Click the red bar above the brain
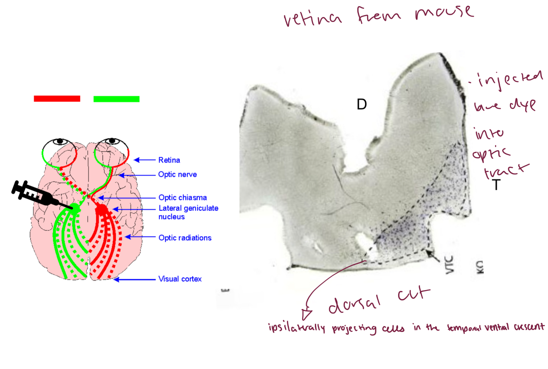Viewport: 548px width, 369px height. [x=57, y=99]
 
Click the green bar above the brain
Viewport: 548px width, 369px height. [x=116, y=99]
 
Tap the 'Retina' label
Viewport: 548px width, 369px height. [x=169, y=160]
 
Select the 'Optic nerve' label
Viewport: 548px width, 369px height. [x=177, y=174]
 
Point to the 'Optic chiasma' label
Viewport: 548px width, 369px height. [x=182, y=197]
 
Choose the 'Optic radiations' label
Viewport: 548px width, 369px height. [x=185, y=238]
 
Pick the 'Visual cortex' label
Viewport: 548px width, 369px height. [x=180, y=279]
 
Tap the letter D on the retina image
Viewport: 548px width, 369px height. [x=362, y=104]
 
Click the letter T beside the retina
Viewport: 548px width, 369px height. [x=496, y=185]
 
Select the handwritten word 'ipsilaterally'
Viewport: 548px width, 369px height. [x=296, y=328]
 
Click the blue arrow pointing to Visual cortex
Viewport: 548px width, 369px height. [x=134, y=279]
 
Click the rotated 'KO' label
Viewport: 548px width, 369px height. [x=480, y=267]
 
